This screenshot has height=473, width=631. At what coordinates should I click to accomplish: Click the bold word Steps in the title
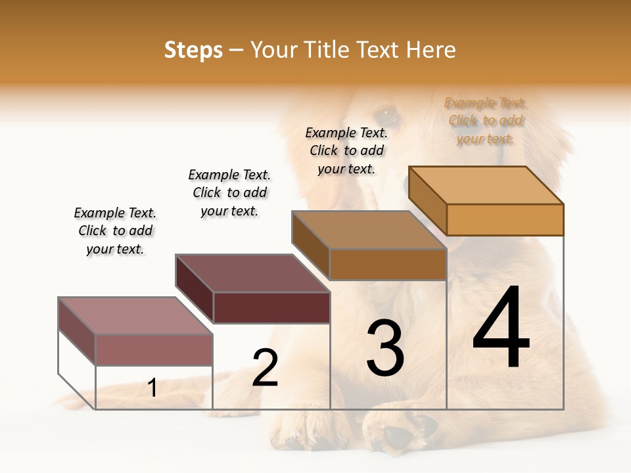click(x=193, y=50)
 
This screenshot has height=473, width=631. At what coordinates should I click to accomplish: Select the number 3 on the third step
click(x=385, y=348)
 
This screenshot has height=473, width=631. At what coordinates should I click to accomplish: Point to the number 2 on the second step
click(x=265, y=368)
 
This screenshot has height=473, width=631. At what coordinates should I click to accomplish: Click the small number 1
click(x=152, y=388)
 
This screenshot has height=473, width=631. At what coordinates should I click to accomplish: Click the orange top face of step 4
click(x=486, y=185)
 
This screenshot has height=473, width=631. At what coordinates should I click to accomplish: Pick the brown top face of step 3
click(x=368, y=230)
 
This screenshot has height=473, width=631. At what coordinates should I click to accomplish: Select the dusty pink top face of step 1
click(x=135, y=316)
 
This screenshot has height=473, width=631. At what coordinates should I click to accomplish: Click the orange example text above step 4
click(x=486, y=121)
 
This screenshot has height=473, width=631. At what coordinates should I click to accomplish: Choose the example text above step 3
click(x=346, y=150)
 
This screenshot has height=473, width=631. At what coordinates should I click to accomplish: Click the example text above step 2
click(x=229, y=192)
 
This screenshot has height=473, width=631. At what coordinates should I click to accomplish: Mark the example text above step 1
click(x=115, y=231)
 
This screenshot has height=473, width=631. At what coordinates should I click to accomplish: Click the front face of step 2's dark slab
click(x=271, y=308)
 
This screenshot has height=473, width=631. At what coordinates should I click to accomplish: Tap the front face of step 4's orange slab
click(x=505, y=219)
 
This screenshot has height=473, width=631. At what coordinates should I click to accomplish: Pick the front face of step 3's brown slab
click(x=388, y=265)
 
